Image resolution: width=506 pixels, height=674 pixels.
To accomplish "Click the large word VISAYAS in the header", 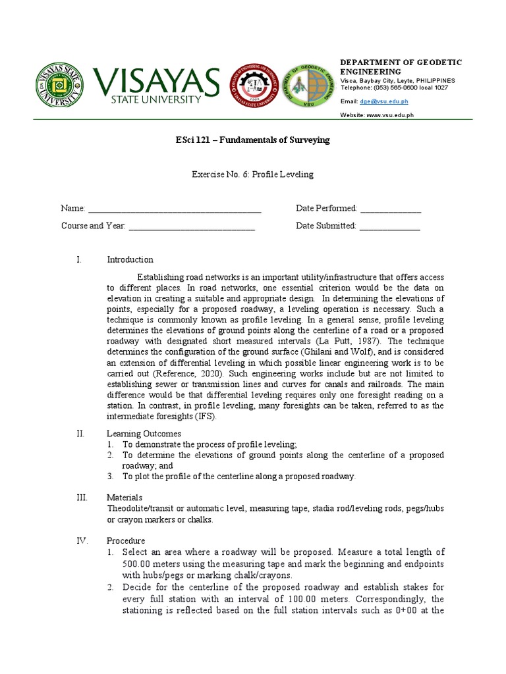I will pyautogui.click(x=156, y=82).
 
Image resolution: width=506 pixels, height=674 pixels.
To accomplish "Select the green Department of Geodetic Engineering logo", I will pyautogui.click(x=308, y=87).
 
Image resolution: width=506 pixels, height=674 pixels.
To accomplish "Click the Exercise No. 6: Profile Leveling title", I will pyautogui.click(x=252, y=174).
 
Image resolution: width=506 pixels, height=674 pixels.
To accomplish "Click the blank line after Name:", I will pyautogui.click(x=175, y=209).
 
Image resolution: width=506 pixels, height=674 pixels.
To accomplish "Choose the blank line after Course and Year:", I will pyautogui.click(x=192, y=226).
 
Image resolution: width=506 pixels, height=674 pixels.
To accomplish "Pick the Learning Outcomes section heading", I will pyautogui.click(x=144, y=434).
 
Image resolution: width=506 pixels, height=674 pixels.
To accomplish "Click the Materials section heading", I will pyautogui.click(x=125, y=498).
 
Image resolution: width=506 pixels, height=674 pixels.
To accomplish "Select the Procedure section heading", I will pyautogui.click(x=126, y=541).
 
